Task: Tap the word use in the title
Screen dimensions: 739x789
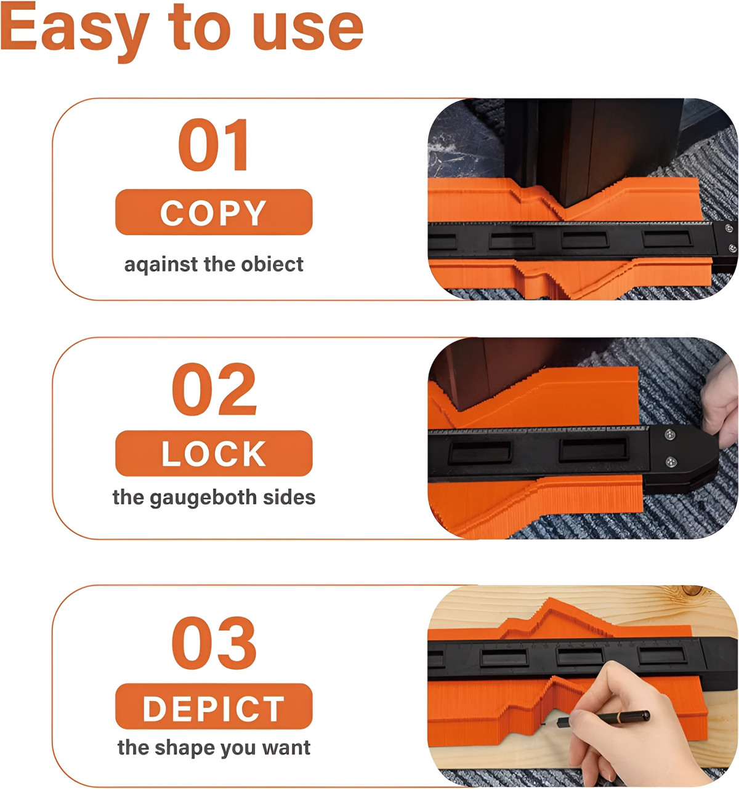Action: [x=308, y=31]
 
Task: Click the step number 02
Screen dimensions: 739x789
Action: [x=214, y=389]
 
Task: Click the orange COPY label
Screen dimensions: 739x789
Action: [x=214, y=212]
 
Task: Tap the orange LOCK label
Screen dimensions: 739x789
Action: [x=214, y=454]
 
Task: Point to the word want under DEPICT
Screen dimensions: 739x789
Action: [x=286, y=748]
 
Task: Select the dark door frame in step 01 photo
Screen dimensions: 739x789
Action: [x=592, y=151]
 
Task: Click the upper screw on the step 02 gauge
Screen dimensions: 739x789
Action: [x=671, y=435]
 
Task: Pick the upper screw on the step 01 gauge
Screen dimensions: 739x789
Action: [x=729, y=228]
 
